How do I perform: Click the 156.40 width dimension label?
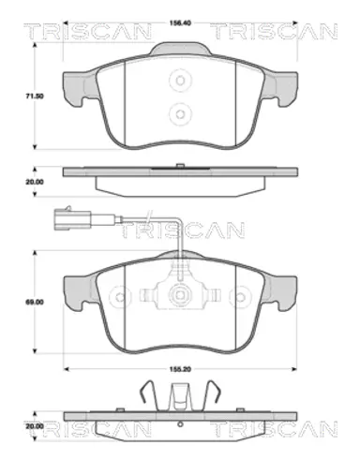tap(180, 22)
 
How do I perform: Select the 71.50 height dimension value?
tap(35, 96)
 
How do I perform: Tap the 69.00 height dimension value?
tap(35, 303)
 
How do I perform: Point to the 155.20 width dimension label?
tap(180, 369)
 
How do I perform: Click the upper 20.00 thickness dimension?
tap(35, 182)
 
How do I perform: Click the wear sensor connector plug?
tap(72, 218)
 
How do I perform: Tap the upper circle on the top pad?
tap(180, 81)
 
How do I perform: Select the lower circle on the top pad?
tap(180, 114)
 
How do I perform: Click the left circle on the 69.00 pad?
tap(120, 297)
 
